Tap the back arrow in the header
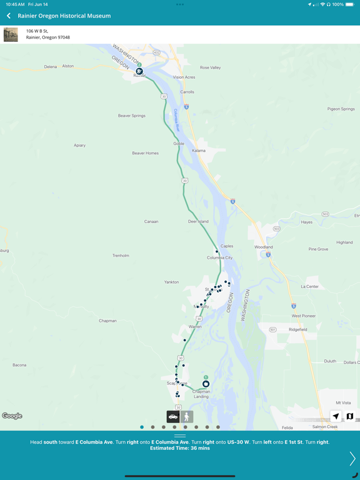coord(9,16)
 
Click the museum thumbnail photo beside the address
coord(11,34)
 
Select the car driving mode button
coord(173,416)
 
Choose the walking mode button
coord(186,416)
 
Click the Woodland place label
coord(264,247)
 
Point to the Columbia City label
coord(220,257)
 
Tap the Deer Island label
coord(198,221)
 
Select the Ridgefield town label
coord(298,329)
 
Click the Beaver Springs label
coord(132,116)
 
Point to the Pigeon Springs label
coord(341,109)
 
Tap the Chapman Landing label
coord(201,394)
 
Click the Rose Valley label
coord(210,67)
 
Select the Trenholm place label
coord(121,256)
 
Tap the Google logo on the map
coord(12,416)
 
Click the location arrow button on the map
coord(336,416)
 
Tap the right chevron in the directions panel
coord(352,459)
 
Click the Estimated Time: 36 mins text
coord(180,448)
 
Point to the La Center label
coord(310,286)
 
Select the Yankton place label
coord(171,282)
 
